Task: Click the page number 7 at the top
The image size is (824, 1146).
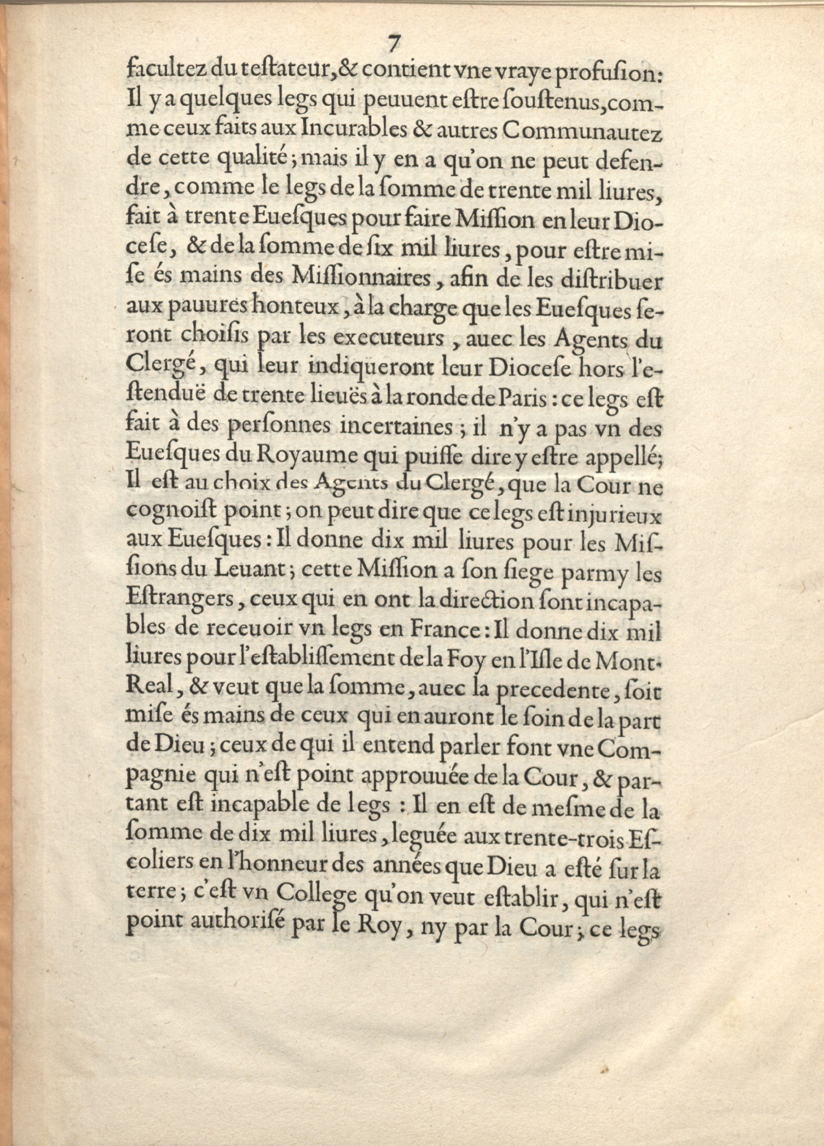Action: click(x=393, y=44)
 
